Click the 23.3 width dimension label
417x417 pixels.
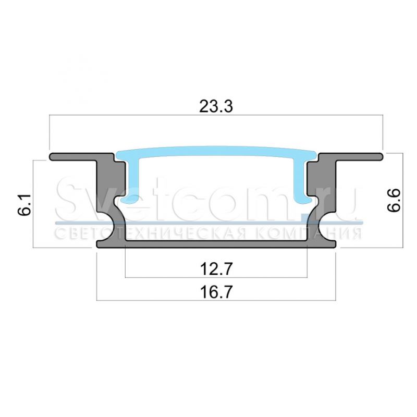[x=216, y=106]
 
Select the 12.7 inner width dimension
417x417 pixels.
[x=216, y=268]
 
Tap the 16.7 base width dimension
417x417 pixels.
[x=216, y=292]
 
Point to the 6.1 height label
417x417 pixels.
[x=24, y=204]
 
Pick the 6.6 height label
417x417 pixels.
[x=394, y=200]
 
